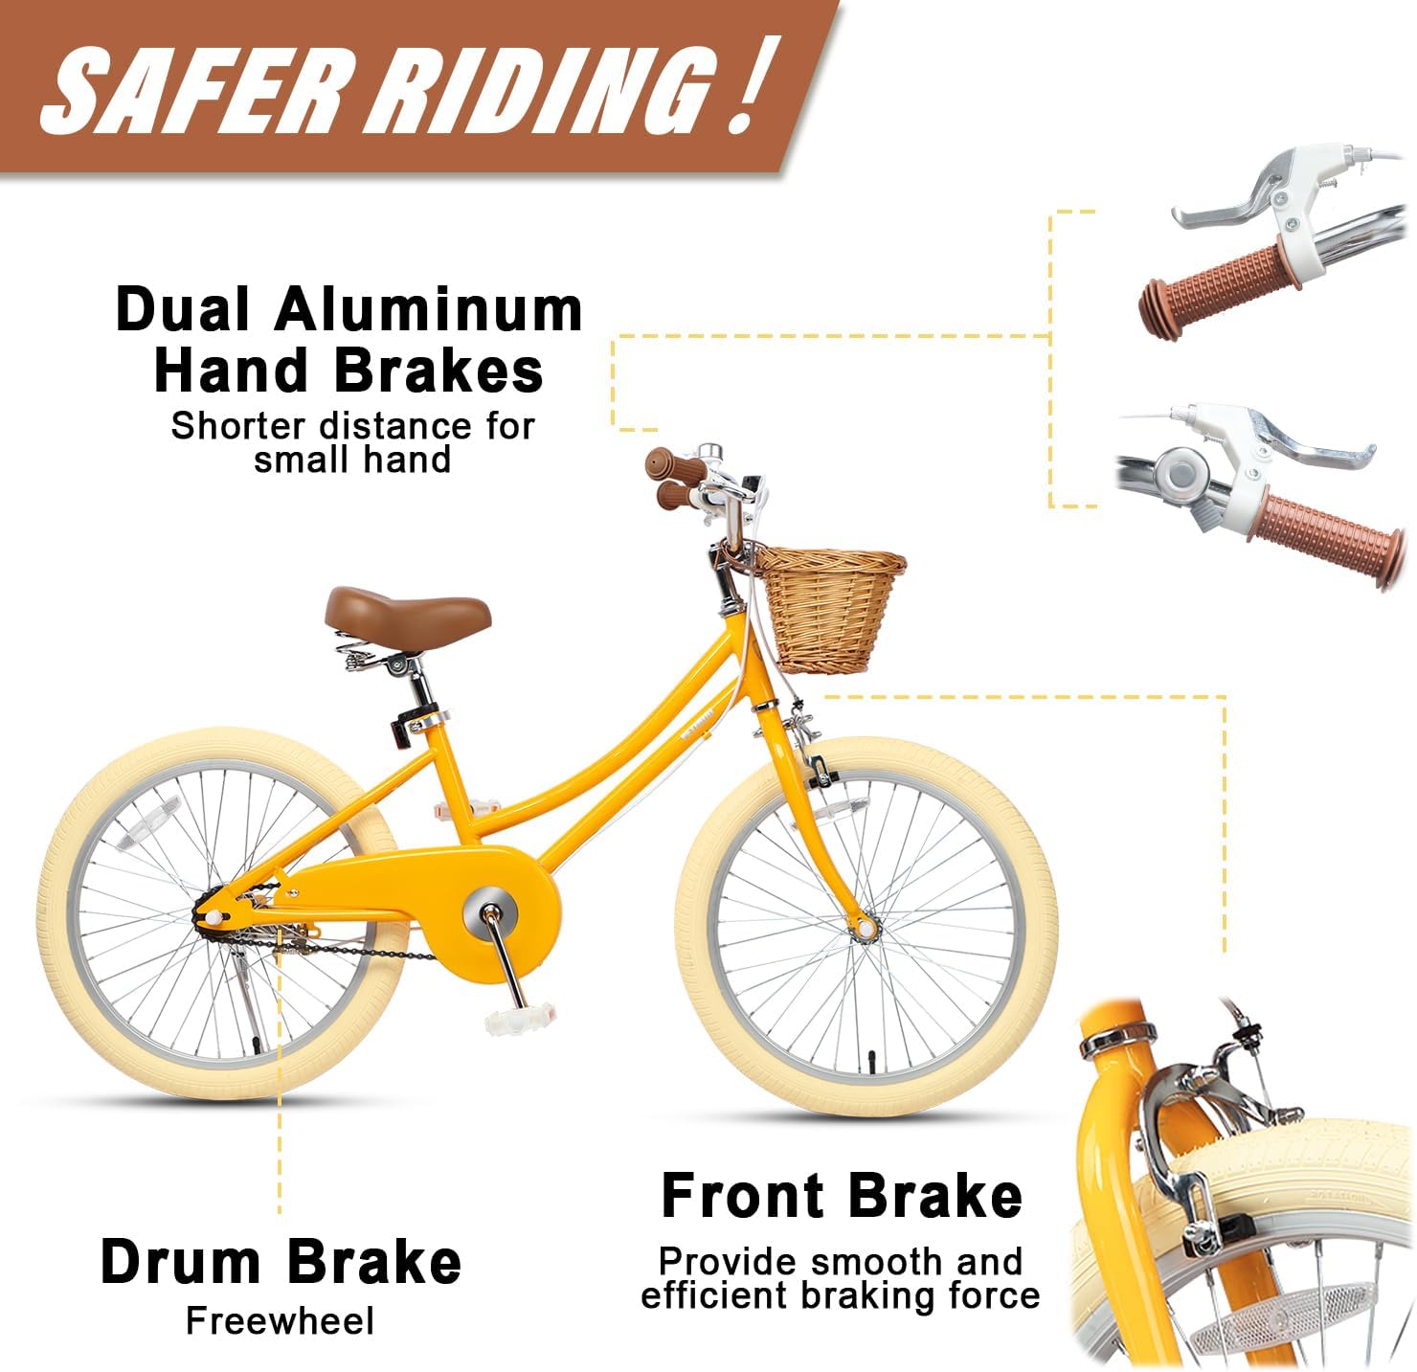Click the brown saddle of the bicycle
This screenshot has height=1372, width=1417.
pos(408,616)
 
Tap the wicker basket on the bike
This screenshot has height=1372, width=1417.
pos(830,609)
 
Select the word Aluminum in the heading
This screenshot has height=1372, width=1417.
pos(429,309)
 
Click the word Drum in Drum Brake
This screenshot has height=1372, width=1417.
pos(181,1262)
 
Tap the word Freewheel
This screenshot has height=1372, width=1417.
pos(280,1322)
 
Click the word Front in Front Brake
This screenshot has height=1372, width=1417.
pos(742,1197)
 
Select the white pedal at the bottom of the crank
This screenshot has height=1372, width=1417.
pos(519,1019)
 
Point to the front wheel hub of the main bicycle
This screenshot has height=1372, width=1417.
pos(865,928)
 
